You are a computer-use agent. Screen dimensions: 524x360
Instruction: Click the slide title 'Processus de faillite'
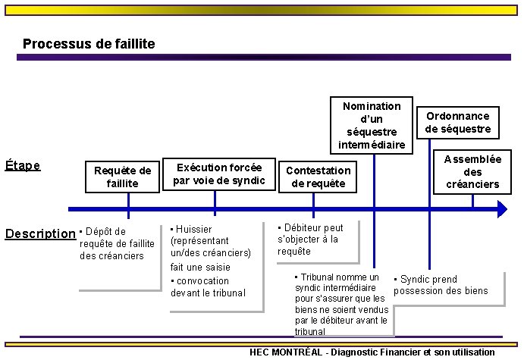pyautogui.click(x=89, y=44)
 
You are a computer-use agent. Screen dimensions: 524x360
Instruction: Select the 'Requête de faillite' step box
pyautogui.click(x=122, y=177)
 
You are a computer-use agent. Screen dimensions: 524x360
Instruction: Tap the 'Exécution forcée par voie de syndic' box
pyautogui.click(x=219, y=174)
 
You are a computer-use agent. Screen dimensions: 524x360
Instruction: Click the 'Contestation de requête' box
pyautogui.click(x=318, y=177)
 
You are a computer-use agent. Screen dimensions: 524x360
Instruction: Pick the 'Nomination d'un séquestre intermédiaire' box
pyautogui.click(x=372, y=125)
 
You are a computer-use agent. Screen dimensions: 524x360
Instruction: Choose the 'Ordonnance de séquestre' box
pyautogui.click(x=458, y=122)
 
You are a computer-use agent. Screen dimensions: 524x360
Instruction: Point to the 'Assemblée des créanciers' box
pyautogui.click(x=472, y=171)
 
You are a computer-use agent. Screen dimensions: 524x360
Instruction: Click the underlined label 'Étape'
pyautogui.click(x=23, y=164)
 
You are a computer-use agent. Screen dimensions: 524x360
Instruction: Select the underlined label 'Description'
pyautogui.click(x=40, y=233)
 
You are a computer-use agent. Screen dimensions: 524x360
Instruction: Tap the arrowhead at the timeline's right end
pyautogui.click(x=502, y=208)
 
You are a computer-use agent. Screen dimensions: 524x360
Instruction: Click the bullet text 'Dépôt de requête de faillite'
pyautogui.click(x=117, y=243)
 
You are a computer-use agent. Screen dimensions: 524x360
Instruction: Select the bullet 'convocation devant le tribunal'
pyautogui.click(x=208, y=286)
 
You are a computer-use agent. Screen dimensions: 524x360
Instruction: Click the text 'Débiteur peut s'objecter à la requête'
pyautogui.click(x=310, y=239)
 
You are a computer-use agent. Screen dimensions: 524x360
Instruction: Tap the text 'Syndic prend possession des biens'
pyautogui.click(x=441, y=285)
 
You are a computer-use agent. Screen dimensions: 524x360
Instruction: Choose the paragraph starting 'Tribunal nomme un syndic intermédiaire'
pyautogui.click(x=341, y=304)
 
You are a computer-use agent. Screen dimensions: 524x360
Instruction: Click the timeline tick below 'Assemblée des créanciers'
pyautogui.click(x=472, y=202)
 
